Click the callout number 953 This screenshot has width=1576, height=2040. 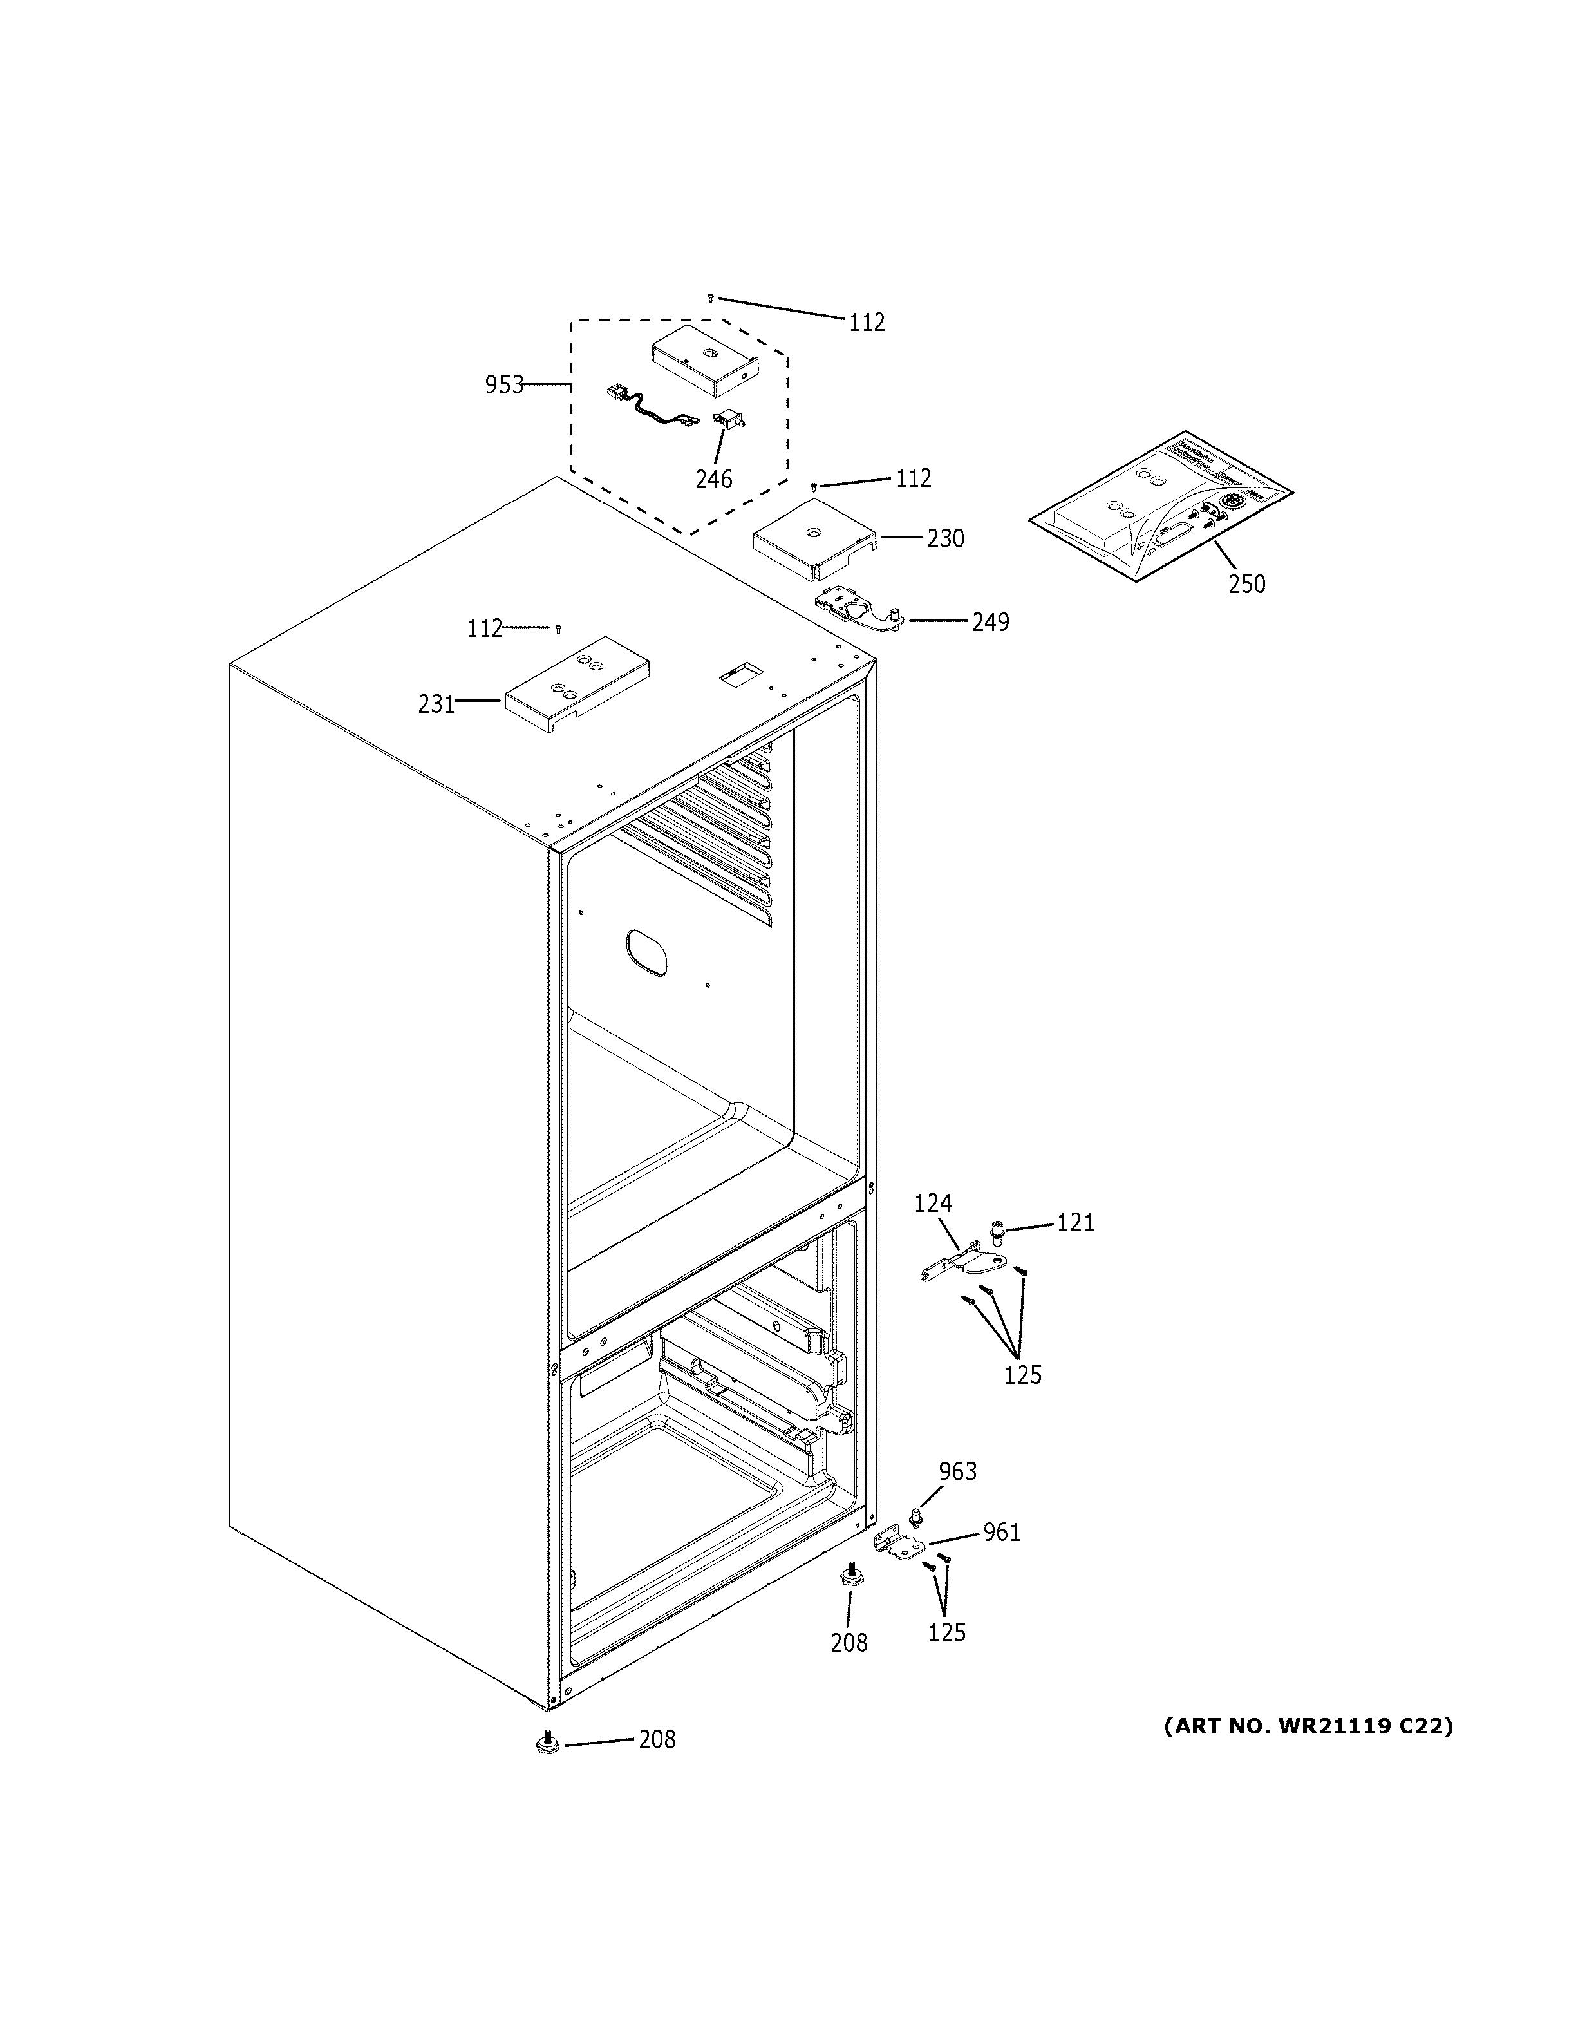coord(503,385)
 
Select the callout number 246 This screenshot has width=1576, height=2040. coord(713,479)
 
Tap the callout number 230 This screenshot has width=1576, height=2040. coord(945,539)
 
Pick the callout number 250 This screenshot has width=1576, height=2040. coord(1246,585)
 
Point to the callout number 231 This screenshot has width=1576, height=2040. coord(436,704)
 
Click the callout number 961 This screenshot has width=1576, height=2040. coord(1001,1533)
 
